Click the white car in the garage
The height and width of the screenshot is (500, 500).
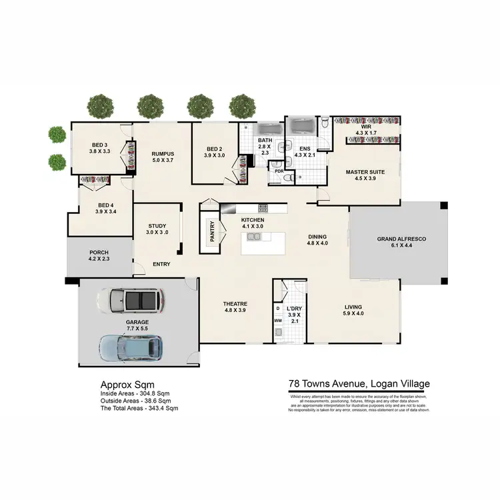click(130, 301)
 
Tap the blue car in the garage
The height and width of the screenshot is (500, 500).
click(131, 345)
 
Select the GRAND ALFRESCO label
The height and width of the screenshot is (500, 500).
click(401, 239)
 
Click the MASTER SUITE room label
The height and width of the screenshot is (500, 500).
click(361, 172)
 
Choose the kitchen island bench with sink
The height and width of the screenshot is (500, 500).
click(262, 245)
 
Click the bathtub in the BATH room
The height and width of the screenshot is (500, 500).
click(269, 129)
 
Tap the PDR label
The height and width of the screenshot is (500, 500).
click(279, 171)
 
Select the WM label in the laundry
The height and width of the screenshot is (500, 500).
click(278, 321)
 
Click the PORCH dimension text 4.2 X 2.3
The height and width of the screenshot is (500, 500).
click(99, 259)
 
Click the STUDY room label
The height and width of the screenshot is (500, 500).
click(157, 226)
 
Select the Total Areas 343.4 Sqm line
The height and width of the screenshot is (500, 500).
click(139, 407)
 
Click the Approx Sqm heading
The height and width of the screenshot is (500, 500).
click(127, 385)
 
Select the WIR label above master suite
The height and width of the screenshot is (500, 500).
click(365, 126)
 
